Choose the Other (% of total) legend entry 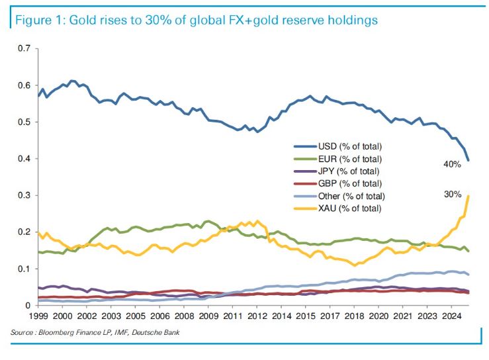click(353, 196)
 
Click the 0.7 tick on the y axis click(25, 49)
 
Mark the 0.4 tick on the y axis click(25, 159)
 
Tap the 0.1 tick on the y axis click(25, 269)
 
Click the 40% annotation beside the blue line click(452, 164)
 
